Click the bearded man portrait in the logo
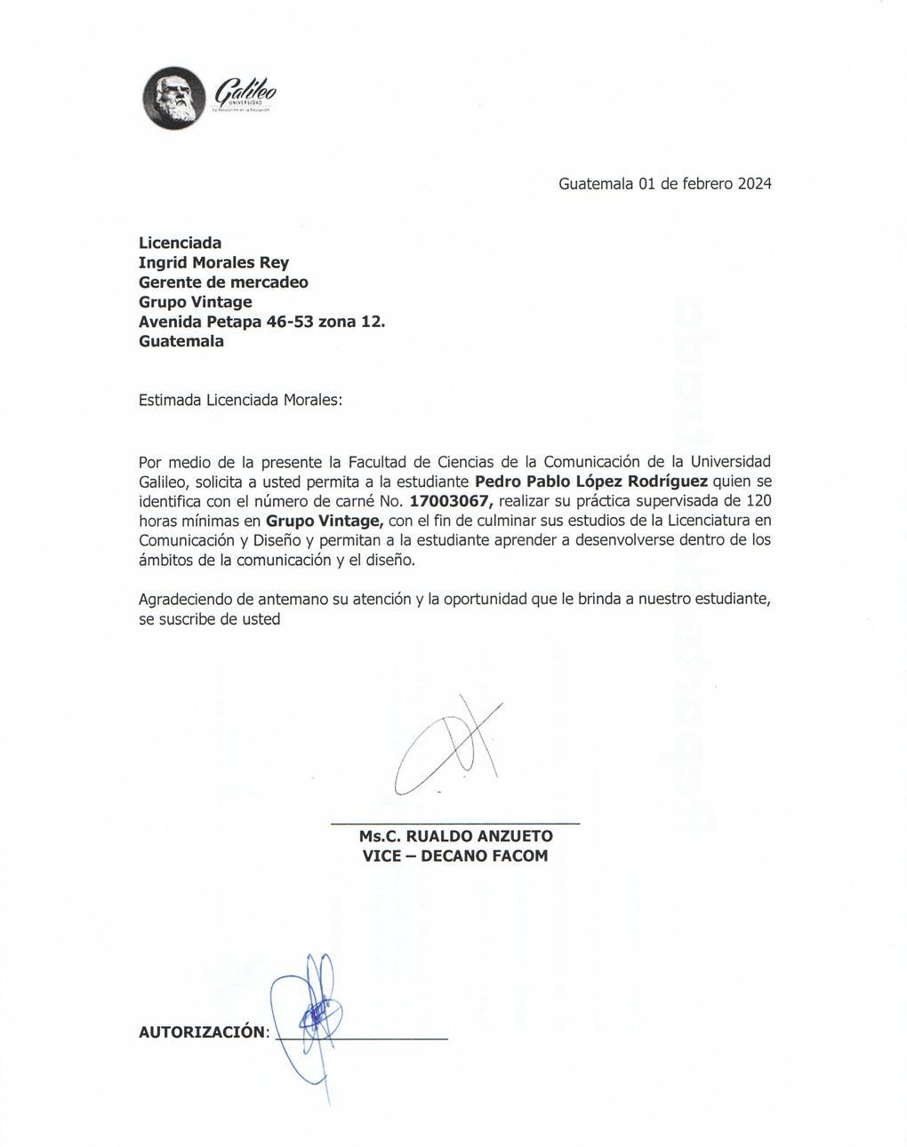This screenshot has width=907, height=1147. [173, 98]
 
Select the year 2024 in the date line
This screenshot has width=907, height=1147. [754, 184]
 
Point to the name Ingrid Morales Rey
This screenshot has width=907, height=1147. [213, 263]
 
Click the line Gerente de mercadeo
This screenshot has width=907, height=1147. [223, 283]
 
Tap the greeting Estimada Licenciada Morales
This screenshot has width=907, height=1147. [240, 400]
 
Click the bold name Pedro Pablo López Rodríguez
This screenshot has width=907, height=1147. [591, 482]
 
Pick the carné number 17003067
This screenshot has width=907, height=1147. [450, 501]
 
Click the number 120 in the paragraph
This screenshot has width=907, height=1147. [758, 501]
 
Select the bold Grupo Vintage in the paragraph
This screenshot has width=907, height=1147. [324, 521]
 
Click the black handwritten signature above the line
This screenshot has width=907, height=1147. [449, 746]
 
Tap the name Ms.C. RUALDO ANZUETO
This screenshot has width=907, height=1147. [455, 836]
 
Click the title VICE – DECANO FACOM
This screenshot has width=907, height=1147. [455, 856]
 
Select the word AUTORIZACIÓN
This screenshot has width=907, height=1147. [202, 1032]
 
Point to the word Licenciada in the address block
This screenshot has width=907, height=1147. [181, 243]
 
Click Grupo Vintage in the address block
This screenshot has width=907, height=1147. [195, 302]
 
